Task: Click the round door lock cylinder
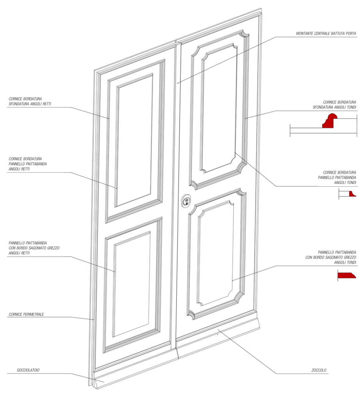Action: [186, 201]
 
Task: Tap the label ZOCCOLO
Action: [319, 370]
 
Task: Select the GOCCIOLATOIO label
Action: [28, 370]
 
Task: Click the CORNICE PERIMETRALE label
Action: [26, 314]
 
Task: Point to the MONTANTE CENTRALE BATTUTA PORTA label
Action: [326, 34]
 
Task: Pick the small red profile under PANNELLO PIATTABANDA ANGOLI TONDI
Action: [352, 194]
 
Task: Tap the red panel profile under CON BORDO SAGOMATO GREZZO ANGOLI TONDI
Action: [346, 275]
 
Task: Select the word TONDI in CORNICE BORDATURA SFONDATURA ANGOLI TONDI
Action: [350, 107]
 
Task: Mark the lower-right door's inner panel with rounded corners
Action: [215, 253]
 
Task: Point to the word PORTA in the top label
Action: [351, 34]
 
